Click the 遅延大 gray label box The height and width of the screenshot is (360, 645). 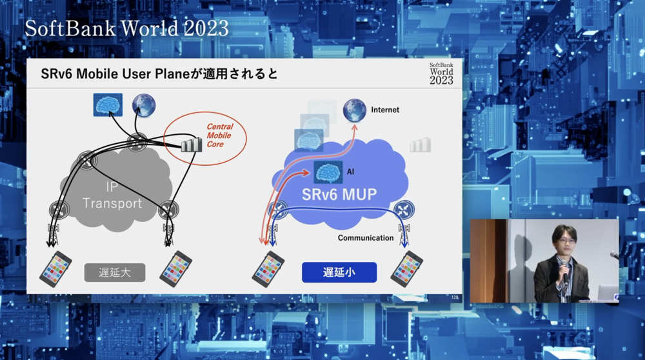point(115,272)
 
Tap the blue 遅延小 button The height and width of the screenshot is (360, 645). point(339,272)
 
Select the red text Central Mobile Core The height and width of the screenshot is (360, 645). point(220,135)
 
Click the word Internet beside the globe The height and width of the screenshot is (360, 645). point(385,110)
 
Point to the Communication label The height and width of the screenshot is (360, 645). point(366,238)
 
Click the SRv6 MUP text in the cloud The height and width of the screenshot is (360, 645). point(339,194)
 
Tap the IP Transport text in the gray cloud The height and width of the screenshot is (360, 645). point(112,195)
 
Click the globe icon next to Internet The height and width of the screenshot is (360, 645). point(355,110)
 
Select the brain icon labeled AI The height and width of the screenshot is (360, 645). point(328,172)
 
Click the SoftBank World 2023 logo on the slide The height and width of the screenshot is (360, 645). point(441,74)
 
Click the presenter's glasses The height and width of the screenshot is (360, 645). point(567,241)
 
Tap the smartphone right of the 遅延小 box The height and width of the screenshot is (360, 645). point(406,269)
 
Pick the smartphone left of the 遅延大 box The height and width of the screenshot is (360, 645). point(55,269)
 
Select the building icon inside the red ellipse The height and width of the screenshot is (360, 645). point(192,145)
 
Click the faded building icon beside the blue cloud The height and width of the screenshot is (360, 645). point(421,145)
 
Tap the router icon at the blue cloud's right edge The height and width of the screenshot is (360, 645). point(404,210)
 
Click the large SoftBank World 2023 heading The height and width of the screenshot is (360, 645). point(126,28)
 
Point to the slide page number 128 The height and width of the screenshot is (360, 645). point(455,297)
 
